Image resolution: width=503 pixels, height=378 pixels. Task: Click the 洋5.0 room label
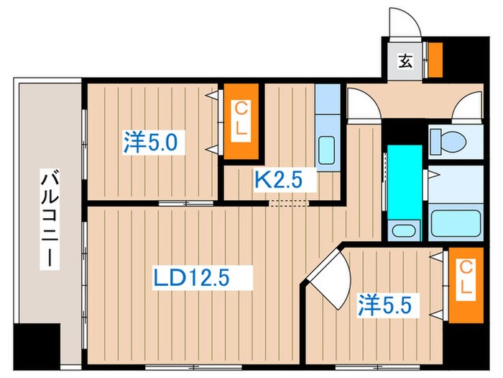[149, 141]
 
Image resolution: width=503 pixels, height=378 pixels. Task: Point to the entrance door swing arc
[402, 22]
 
